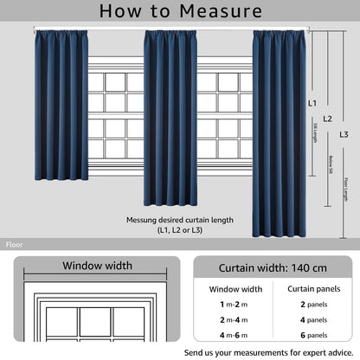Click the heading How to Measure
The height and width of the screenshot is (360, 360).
tap(180, 11)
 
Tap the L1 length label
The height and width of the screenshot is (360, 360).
tap(312, 102)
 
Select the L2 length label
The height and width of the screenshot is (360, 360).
tap(326, 118)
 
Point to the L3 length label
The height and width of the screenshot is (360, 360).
tap(344, 134)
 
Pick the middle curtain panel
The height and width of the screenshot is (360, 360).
tap(170, 117)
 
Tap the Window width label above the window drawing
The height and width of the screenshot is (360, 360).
tap(97, 266)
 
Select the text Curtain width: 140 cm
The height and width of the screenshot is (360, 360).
tap(273, 267)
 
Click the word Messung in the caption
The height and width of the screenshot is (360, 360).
tap(143, 220)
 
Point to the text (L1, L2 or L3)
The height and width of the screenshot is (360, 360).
tap(179, 231)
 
